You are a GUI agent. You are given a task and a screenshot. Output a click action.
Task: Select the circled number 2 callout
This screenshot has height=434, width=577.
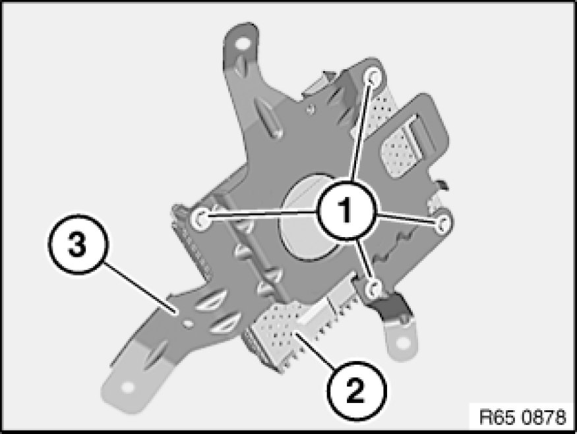click(x=355, y=391)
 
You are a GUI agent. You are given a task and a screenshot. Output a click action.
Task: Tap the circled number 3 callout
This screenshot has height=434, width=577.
click(x=78, y=244)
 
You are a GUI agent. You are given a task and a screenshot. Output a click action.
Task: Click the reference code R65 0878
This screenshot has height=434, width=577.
click(x=523, y=417)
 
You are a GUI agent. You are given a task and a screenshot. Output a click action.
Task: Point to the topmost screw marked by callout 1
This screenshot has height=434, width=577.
click(x=373, y=77)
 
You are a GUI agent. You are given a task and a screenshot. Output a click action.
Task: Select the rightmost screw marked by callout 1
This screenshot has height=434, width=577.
click(x=442, y=223)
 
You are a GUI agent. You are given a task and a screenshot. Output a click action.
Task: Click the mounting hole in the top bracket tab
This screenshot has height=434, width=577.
click(x=241, y=44)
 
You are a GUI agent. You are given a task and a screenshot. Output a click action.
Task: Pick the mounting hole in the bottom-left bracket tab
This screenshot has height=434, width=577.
click(x=127, y=388)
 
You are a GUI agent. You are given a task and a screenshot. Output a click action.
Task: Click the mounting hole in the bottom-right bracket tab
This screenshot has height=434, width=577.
click(x=402, y=344)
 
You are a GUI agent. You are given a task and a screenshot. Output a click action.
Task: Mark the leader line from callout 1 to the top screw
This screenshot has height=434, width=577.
click(x=363, y=129)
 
